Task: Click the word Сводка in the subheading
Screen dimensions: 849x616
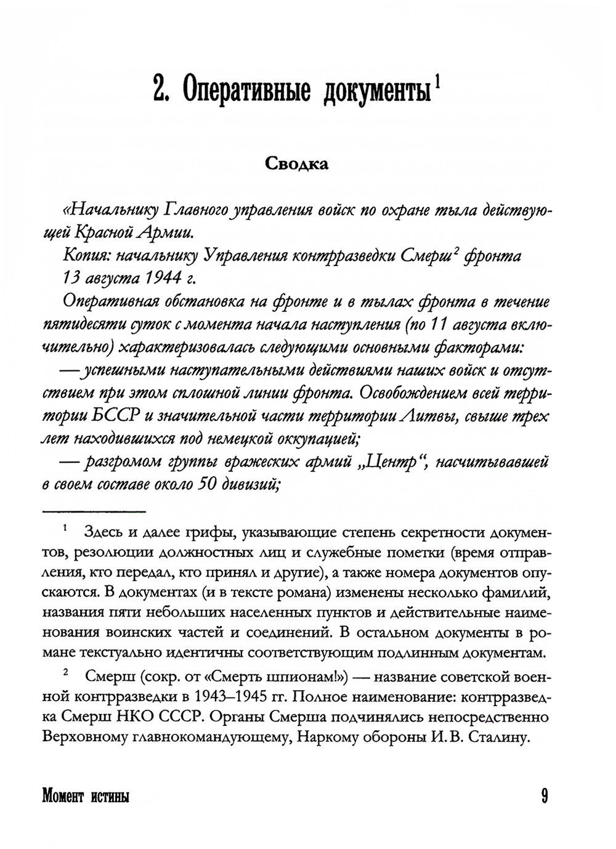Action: [297, 164]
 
